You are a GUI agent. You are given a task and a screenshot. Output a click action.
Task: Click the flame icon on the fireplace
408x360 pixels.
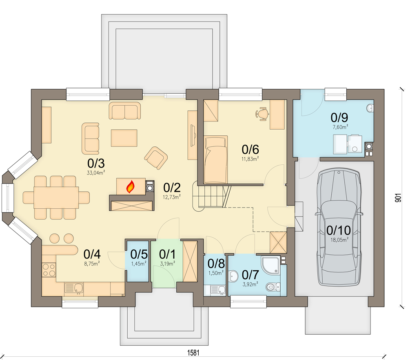131,187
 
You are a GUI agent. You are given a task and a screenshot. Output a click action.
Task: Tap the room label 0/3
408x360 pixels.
96,163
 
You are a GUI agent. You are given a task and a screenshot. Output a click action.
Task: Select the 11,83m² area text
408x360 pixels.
250,159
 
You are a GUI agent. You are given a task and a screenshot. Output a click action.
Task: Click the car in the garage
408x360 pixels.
339,227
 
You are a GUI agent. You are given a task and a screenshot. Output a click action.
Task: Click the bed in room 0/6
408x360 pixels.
216,159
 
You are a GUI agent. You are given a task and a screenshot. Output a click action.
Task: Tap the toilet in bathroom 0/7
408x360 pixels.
273,287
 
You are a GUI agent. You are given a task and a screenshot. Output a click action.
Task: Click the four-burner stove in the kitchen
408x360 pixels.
49,270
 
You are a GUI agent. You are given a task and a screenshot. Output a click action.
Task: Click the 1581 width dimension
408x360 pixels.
193,353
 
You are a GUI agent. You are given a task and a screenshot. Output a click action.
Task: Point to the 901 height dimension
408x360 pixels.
398,198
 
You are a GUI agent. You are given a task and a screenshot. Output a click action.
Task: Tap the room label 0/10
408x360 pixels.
339,230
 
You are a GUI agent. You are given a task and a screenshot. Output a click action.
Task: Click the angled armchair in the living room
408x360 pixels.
156,158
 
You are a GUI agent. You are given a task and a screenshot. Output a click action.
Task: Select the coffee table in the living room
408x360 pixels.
124,138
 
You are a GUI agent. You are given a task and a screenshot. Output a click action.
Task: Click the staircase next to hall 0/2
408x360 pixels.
211,196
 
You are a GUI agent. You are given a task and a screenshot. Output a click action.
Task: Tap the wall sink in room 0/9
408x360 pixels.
370,108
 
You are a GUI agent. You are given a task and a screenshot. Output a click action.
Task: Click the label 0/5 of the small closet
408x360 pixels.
139,254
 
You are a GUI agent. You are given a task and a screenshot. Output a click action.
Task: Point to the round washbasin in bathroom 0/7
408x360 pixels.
233,276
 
